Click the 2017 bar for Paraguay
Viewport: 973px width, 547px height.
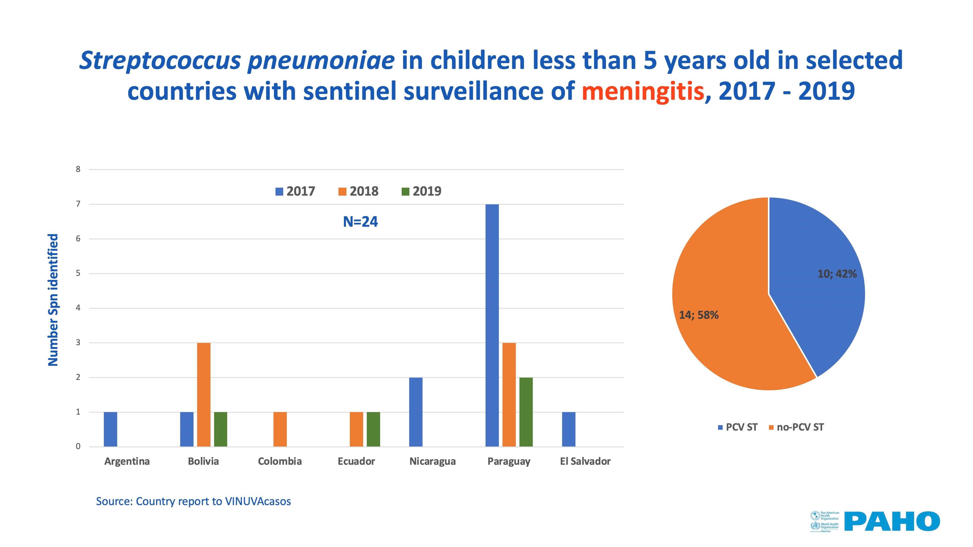coord(492,325)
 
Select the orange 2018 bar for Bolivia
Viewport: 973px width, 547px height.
coord(204,395)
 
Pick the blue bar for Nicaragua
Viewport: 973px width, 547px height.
coord(416,412)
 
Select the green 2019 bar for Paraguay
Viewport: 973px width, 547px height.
coord(526,412)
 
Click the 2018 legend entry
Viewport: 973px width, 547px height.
coord(358,191)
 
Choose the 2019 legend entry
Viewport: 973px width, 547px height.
coord(421,191)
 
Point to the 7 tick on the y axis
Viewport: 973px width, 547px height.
coord(78,204)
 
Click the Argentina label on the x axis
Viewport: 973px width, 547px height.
coord(127,461)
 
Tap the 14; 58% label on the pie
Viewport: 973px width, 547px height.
coord(699,315)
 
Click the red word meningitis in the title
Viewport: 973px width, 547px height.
coord(642,92)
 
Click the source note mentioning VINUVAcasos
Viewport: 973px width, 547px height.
coord(193,501)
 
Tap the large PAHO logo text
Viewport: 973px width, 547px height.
coord(892,521)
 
